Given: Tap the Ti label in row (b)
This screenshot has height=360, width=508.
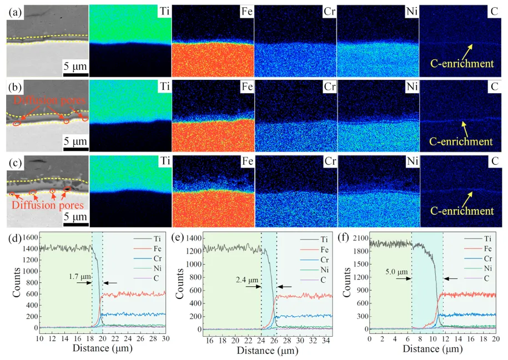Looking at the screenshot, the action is click(x=165, y=87).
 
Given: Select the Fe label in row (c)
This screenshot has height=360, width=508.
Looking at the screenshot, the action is click(x=248, y=161).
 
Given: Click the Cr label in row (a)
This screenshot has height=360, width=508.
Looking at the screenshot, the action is click(x=329, y=12).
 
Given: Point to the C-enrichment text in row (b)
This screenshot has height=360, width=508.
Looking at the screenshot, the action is click(x=461, y=141).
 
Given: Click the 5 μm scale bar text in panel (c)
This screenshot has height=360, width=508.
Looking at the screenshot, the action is click(x=75, y=216).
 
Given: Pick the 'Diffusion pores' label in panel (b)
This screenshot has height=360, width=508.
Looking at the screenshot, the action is click(x=50, y=100).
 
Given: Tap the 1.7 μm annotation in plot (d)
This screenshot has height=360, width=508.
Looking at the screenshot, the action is click(x=80, y=277).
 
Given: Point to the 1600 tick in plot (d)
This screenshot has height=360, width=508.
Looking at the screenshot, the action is click(x=29, y=237).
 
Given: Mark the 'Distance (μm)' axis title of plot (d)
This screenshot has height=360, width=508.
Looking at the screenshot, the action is click(x=102, y=348).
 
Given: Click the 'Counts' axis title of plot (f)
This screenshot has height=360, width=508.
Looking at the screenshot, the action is click(x=346, y=282).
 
